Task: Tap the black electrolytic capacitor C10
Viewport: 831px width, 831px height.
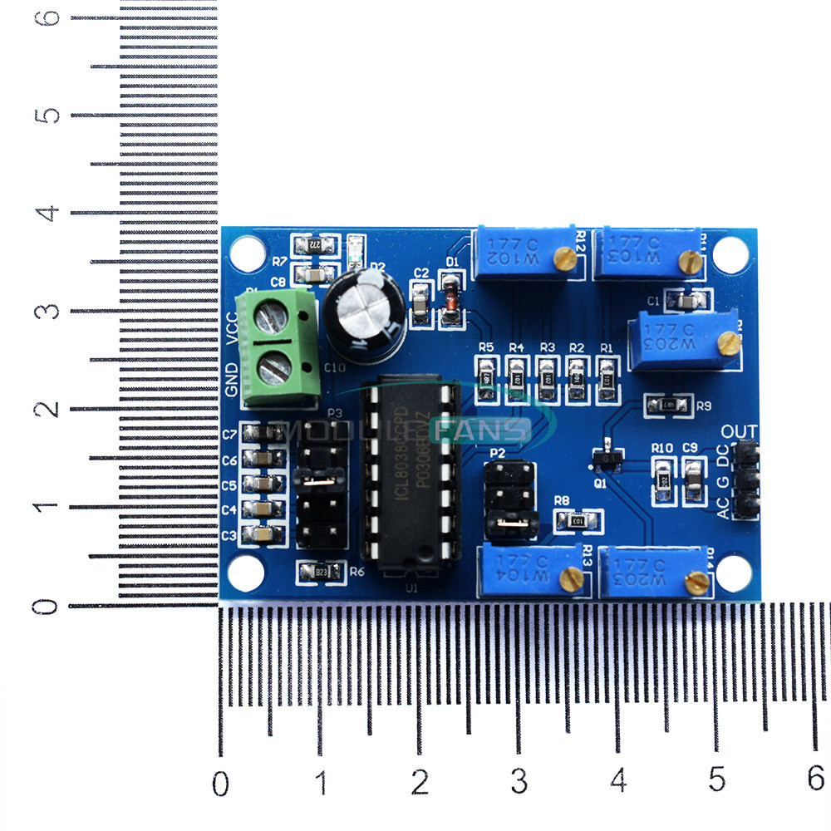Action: (x=364, y=316)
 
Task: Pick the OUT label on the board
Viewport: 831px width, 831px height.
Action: (x=739, y=431)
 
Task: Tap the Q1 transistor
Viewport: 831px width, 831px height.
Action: (x=609, y=457)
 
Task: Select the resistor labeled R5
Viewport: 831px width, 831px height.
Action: (x=487, y=376)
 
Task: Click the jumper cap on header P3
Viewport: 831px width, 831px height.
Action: (x=321, y=479)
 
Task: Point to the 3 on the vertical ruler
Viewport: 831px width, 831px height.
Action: (x=51, y=311)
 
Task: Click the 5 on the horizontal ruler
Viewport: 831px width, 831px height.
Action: (x=717, y=782)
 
